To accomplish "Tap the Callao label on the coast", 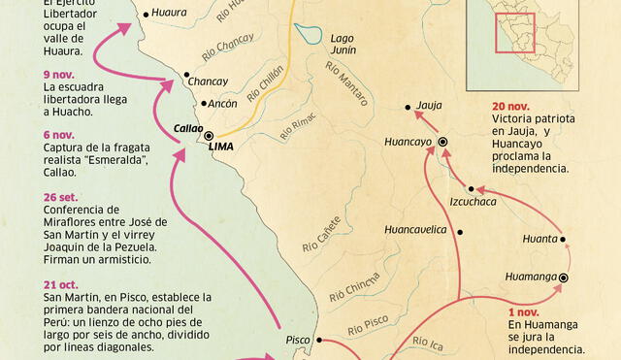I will click(x=188, y=127).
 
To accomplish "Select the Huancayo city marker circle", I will click(x=442, y=142).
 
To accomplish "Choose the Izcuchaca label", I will click(x=473, y=202).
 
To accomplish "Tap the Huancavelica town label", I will click(x=414, y=230).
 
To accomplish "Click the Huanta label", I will click(x=539, y=238).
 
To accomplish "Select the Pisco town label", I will click(x=299, y=340).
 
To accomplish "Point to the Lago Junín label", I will click(x=343, y=45).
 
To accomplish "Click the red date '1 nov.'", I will click(x=522, y=311).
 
